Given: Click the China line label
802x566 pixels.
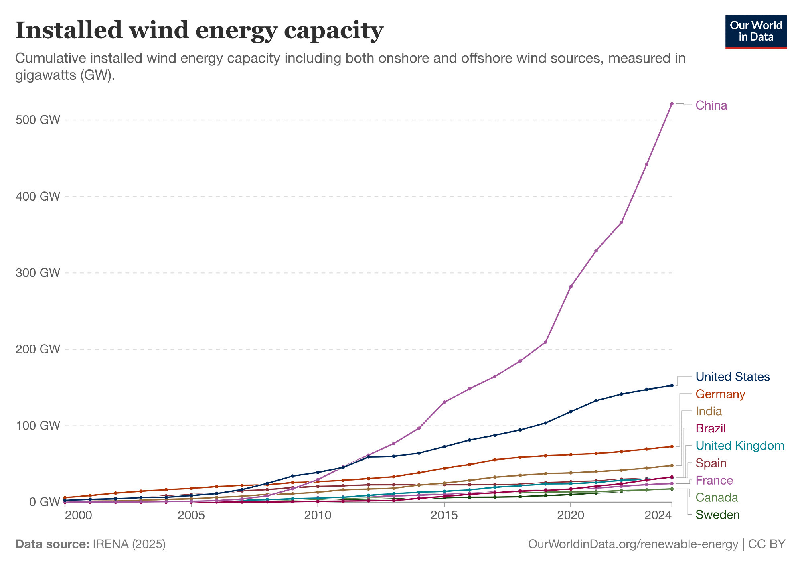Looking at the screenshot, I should pos(711,105).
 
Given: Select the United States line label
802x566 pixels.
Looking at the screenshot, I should pos(732,377).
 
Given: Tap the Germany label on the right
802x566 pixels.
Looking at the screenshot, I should pos(720,394).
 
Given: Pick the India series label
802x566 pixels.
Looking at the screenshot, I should pos(709,412).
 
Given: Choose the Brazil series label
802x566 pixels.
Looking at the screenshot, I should pos(711,429).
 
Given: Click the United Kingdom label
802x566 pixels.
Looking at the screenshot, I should pos(739,446).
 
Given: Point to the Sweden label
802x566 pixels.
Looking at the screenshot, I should pos(717,515).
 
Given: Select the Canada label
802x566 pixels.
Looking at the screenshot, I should pos(717,498).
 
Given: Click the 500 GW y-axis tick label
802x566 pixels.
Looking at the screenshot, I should pos(38,120).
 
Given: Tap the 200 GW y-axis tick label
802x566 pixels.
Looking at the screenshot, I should pos(38,349).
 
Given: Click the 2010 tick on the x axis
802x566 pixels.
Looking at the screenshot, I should pos(318,515).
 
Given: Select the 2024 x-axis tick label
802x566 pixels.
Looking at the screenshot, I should pos(658,515).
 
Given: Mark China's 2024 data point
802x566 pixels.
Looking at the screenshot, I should pos(672,104).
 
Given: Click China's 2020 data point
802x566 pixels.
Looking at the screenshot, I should pos(571,287).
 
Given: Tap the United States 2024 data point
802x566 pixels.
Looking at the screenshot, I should pos(672,385).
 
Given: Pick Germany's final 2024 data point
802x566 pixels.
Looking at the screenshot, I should pos(672,446).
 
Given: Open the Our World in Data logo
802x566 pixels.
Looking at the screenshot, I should pos(756,32).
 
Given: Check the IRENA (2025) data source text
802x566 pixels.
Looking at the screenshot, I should pos(129,544).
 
